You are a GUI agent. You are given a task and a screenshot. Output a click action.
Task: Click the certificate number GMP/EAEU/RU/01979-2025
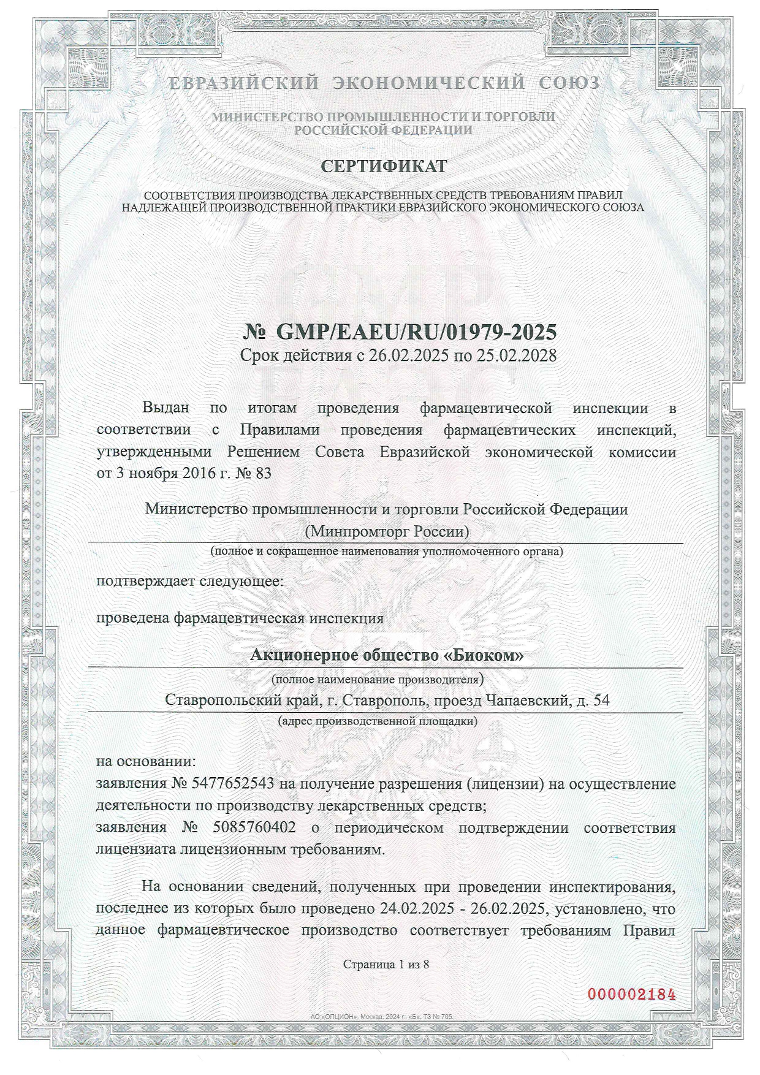(417, 332)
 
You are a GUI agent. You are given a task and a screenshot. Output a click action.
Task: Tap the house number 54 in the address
(602, 700)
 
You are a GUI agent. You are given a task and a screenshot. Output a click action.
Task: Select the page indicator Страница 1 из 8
(386, 964)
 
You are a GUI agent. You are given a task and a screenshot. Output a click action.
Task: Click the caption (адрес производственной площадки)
(378, 721)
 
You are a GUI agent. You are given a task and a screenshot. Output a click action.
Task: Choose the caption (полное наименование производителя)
(378, 678)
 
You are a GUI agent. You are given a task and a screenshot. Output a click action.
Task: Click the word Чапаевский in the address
(526, 700)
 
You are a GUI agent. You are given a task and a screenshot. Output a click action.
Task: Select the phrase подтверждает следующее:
(191, 580)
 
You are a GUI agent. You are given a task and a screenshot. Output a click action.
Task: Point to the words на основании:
(146, 762)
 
